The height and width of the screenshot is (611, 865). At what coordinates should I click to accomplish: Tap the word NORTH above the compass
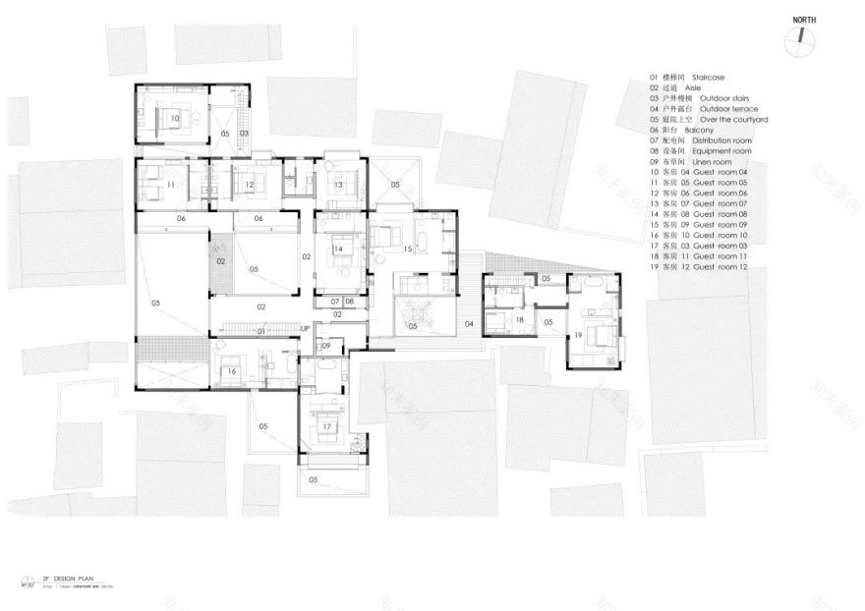[x=801, y=19]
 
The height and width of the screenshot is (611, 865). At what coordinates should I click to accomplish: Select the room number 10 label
[x=174, y=118]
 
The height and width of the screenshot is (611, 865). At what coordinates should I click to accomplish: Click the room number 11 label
[x=170, y=185]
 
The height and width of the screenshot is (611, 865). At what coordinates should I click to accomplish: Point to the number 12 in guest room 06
[x=249, y=185]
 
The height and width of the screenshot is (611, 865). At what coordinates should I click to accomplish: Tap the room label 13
[x=336, y=185]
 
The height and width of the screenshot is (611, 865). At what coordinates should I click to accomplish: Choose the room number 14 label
[x=337, y=250]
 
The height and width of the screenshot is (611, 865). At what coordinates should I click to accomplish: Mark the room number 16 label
[x=232, y=371]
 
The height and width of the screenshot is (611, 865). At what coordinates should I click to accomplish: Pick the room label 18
[x=519, y=320]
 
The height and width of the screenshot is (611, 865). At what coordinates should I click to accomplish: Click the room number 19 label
[x=578, y=336]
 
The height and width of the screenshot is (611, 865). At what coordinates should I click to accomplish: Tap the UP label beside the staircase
[x=306, y=329]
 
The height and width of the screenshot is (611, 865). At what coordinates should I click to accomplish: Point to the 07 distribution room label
[x=334, y=301]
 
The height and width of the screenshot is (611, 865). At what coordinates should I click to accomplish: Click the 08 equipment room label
[x=349, y=301]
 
